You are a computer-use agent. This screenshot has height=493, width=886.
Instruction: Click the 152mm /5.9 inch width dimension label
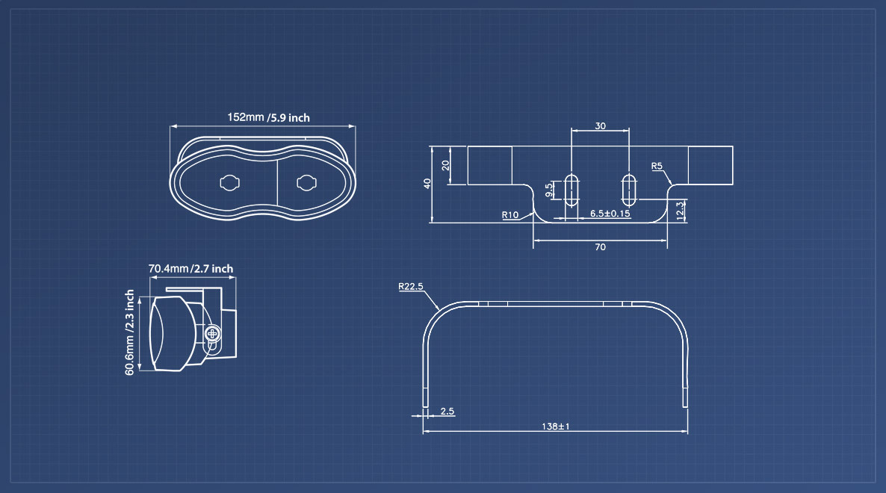[x=268, y=117]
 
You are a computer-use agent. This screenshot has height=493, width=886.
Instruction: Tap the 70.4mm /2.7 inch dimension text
[x=191, y=269]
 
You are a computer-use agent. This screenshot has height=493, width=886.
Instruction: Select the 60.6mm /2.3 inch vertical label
[x=129, y=332]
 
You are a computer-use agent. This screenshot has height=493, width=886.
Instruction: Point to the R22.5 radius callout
[x=411, y=286]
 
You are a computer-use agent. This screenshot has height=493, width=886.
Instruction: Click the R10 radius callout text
[x=510, y=215]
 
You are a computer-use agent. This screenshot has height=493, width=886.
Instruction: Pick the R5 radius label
[x=657, y=166]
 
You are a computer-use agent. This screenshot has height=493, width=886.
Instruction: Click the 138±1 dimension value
[x=556, y=427]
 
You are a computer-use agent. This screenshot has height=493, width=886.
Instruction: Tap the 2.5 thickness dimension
[x=447, y=411]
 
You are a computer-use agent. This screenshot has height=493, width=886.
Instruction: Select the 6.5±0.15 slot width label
[x=610, y=214]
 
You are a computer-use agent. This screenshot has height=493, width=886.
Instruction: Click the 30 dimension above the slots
[x=600, y=126]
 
